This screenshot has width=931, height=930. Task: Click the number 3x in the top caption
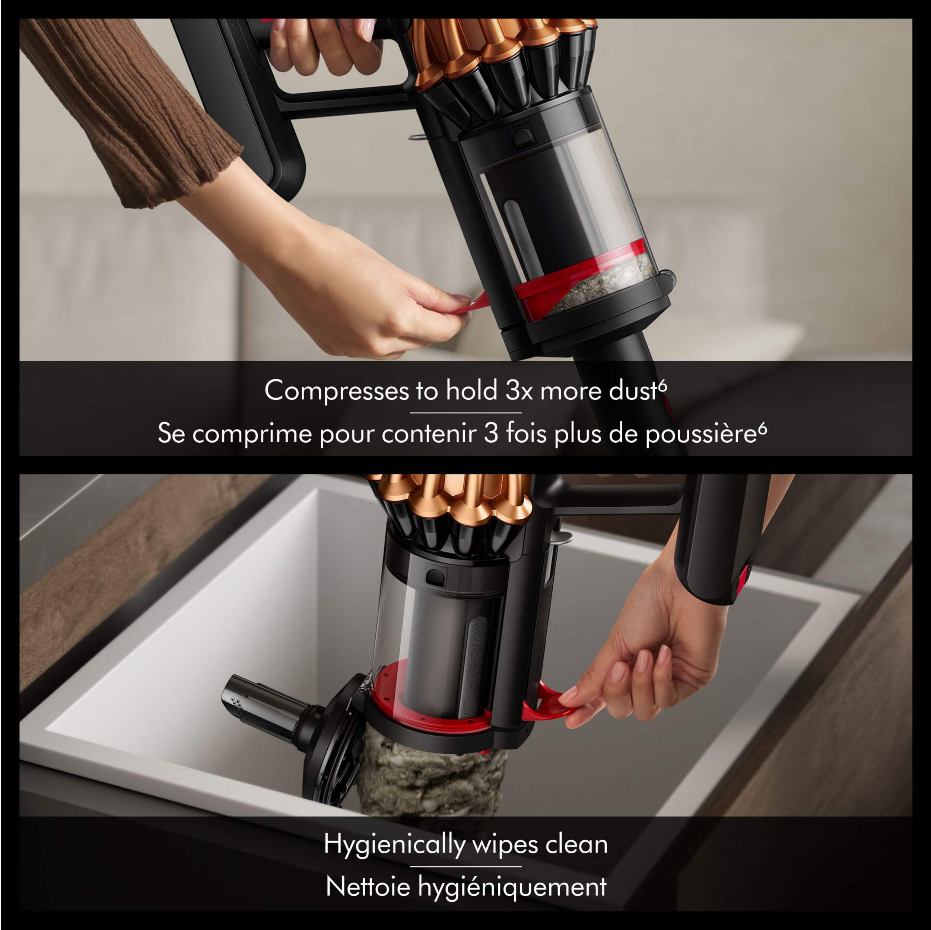pyautogui.click(x=519, y=391)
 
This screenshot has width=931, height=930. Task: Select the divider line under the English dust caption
pyautogui.click(x=465, y=413)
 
